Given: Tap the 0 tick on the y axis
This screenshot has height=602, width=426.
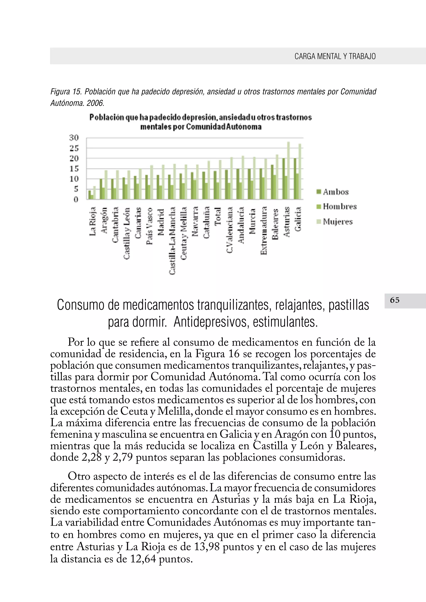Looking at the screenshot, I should pyautogui.click(x=76, y=200).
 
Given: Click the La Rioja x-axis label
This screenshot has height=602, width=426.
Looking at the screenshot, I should pyautogui.click(x=93, y=221).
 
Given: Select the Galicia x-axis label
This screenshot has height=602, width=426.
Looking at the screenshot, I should pyautogui.click(x=298, y=219).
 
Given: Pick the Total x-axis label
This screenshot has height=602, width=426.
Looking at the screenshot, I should pyautogui.click(x=218, y=216).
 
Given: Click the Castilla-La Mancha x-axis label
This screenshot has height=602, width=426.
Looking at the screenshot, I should pyautogui.click(x=172, y=240).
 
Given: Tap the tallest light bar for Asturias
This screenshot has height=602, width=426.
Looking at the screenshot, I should pyautogui.click(x=288, y=170).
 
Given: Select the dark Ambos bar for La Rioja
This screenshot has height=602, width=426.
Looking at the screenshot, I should pyautogui.click(x=89, y=195).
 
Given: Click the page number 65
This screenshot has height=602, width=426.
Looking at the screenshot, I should pyautogui.click(x=395, y=300).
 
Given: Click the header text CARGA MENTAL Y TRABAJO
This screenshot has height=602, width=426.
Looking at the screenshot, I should pyautogui.click(x=335, y=56).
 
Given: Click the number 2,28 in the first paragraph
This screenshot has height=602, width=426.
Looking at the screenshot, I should pyautogui.click(x=91, y=457).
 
